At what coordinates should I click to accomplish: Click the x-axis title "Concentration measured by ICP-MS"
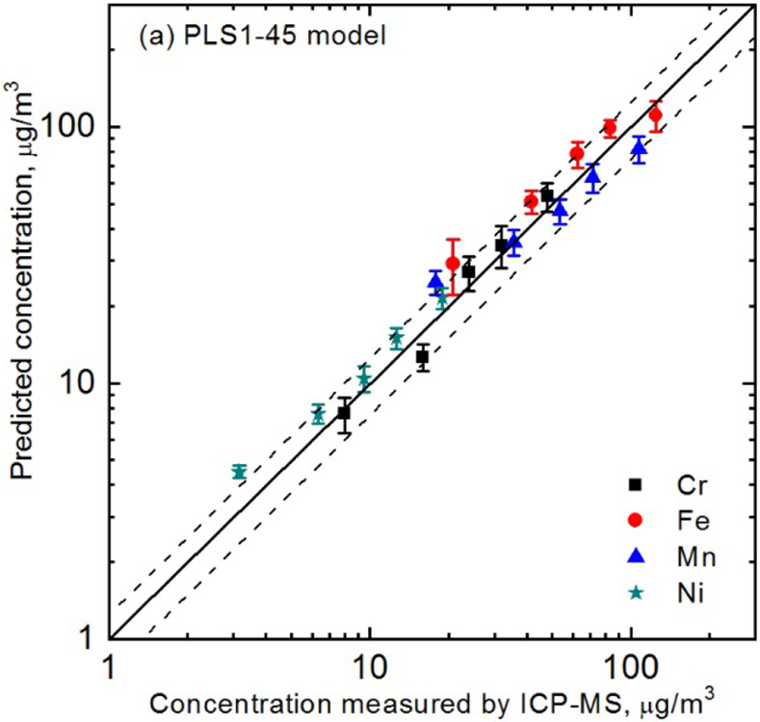[424, 698]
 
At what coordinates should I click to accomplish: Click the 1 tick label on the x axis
[111, 663]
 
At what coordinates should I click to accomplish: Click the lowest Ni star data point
[239, 472]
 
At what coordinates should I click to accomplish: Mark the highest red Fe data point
[655, 116]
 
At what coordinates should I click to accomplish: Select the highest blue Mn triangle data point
[639, 148]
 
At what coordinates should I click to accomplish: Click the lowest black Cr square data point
[343, 412]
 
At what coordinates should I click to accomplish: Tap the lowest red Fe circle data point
[453, 264]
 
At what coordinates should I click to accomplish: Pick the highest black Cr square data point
[547, 195]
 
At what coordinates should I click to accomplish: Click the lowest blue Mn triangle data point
[435, 281]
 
